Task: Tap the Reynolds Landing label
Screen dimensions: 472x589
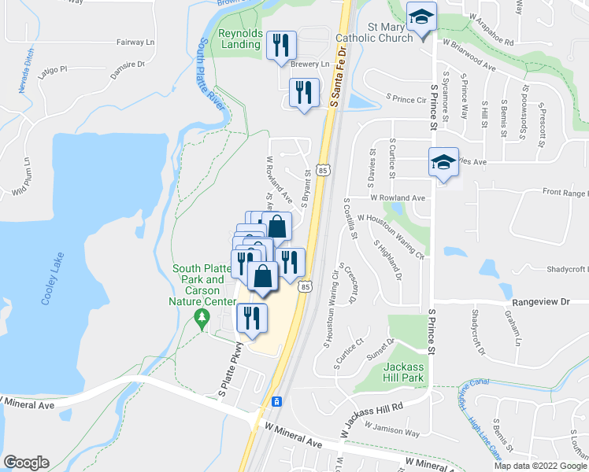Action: pyautogui.click(x=239, y=39)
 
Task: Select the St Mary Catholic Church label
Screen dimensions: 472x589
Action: pyautogui.click(x=374, y=31)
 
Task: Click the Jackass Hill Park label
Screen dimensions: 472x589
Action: pyautogui.click(x=404, y=372)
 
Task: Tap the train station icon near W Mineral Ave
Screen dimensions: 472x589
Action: pyautogui.click(x=276, y=401)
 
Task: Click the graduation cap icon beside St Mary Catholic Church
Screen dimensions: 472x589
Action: pyautogui.click(x=421, y=17)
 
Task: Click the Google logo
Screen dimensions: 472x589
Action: pyautogui.click(x=26, y=463)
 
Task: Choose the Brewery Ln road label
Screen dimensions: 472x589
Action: pyautogui.click(x=309, y=65)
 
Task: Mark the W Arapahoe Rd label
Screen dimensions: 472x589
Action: pyautogui.click(x=490, y=17)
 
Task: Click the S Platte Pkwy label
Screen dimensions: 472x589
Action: pyautogui.click(x=224, y=368)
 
